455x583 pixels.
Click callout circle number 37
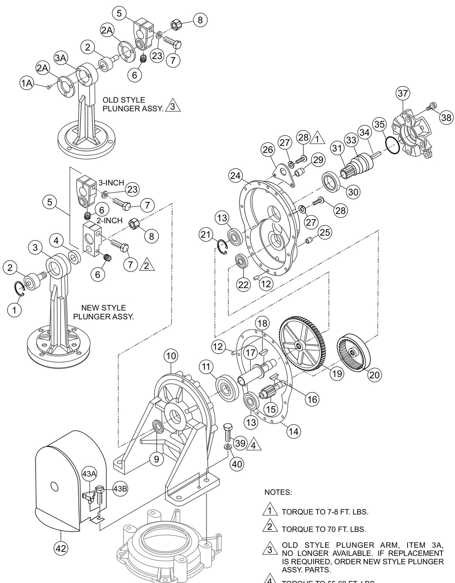pyautogui.click(x=403, y=93)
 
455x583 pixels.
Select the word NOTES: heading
pyautogui.click(x=278, y=492)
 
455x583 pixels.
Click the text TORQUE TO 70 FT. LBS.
pyautogui.click(x=323, y=529)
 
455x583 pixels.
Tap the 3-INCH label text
pyautogui.click(x=111, y=183)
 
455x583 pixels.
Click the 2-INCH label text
pyautogui.click(x=110, y=220)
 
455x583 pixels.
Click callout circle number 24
pyautogui.click(x=235, y=175)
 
